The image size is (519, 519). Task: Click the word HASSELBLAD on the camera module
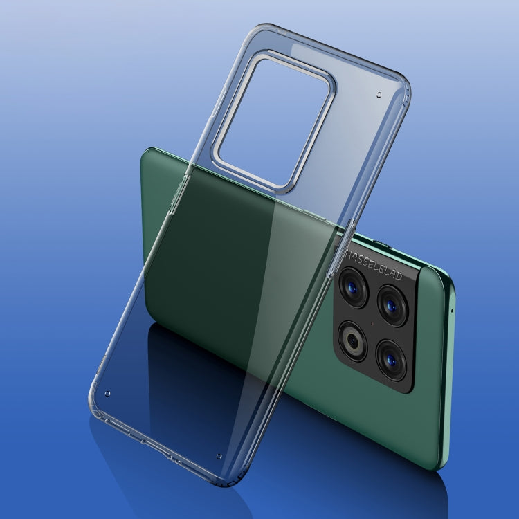(x=374, y=265)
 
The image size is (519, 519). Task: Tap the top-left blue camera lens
(x=353, y=288)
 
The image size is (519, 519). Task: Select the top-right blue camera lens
(x=392, y=306)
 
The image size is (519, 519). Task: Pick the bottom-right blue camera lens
(x=391, y=360)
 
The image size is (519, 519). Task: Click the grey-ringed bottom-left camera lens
(x=352, y=341)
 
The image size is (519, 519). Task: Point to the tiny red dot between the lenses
(x=372, y=324)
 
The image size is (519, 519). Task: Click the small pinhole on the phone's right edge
(x=452, y=311)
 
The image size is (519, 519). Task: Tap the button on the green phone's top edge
(x=381, y=244)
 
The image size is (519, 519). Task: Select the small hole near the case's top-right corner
(x=379, y=95)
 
